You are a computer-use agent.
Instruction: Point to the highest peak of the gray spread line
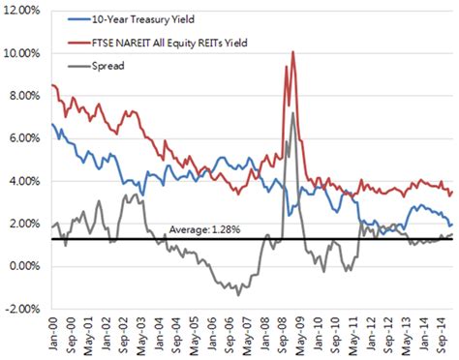292,113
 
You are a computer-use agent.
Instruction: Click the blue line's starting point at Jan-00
51,124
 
